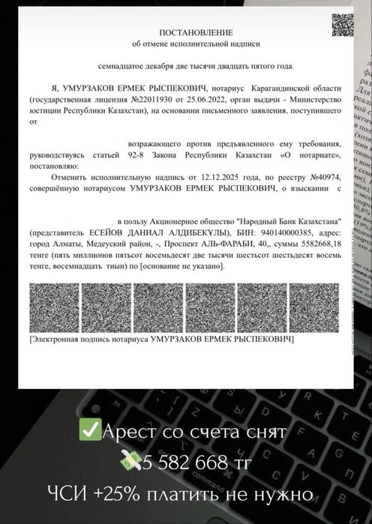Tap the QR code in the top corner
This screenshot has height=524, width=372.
(342, 25)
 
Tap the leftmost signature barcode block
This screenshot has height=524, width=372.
(53, 308)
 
